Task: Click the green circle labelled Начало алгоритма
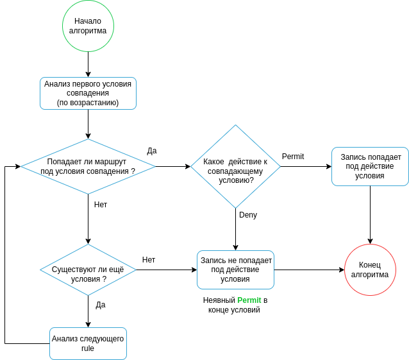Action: coord(88,26)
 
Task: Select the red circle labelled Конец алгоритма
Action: coord(370,270)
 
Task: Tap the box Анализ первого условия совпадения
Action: coord(88,94)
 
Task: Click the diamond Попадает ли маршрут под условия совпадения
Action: coord(88,166)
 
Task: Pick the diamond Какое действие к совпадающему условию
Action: coord(235,166)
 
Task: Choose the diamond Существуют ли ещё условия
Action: coord(88,270)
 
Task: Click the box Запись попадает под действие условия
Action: coord(370,166)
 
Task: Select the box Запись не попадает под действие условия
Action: coord(235,270)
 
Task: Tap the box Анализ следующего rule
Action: coord(88,343)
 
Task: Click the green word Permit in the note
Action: coord(249,300)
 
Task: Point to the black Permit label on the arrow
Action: coord(293,157)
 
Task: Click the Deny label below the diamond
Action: coord(248,215)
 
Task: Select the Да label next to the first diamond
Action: coord(152,151)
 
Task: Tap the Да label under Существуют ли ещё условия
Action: coord(101,305)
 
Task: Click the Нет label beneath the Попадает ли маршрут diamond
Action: coord(101,205)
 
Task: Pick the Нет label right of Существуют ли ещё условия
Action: coord(149,260)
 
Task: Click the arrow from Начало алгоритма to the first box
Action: coord(88,65)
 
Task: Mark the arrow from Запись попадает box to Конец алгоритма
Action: coord(370,215)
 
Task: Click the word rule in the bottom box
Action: coord(88,348)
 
